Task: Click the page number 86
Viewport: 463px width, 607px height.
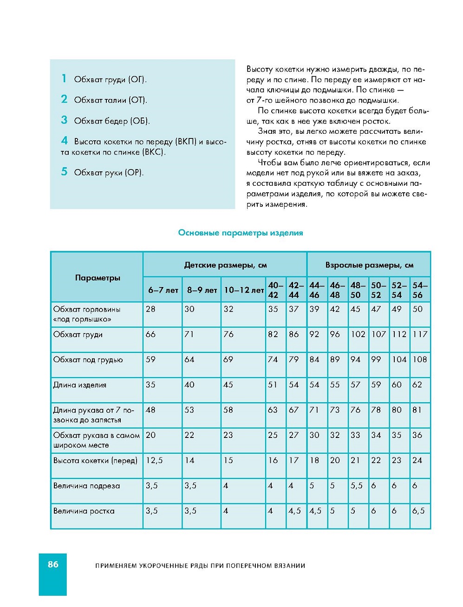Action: click(x=53, y=564)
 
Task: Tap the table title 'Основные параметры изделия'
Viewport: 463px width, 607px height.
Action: click(x=241, y=233)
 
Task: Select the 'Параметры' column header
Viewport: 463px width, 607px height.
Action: click(x=98, y=278)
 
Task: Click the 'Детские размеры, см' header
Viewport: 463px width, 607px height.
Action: click(x=225, y=265)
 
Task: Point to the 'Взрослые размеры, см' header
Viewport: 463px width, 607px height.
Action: click(x=369, y=265)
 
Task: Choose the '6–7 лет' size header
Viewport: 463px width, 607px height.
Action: click(x=163, y=290)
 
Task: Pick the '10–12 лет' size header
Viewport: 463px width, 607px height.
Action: click(x=244, y=290)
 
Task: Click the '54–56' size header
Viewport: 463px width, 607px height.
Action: click(x=420, y=290)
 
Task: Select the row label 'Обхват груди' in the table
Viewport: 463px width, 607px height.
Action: click(x=78, y=334)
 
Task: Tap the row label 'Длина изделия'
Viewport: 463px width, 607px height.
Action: click(x=80, y=385)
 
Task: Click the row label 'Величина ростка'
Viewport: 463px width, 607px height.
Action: click(x=84, y=511)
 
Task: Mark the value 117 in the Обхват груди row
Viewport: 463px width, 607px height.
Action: click(x=420, y=334)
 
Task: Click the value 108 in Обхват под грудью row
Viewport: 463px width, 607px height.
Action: click(x=420, y=359)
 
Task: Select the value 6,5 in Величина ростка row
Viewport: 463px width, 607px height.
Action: click(x=418, y=511)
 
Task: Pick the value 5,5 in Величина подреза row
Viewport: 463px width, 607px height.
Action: click(x=357, y=486)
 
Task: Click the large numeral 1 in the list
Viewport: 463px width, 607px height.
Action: click(x=64, y=78)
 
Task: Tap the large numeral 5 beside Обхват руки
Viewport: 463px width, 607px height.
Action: click(x=64, y=172)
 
